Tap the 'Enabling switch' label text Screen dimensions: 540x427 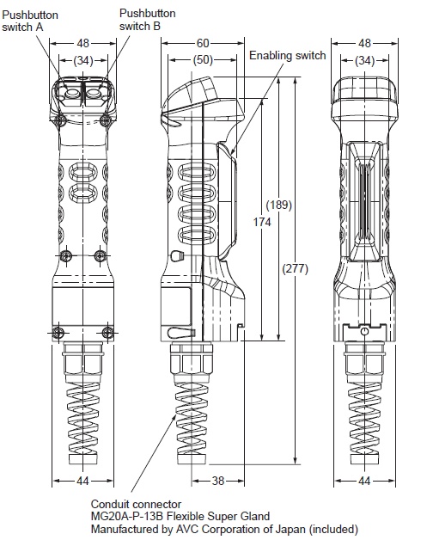[x=288, y=56]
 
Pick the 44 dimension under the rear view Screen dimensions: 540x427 [x=364, y=482]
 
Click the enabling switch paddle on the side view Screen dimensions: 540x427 [x=225, y=202]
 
